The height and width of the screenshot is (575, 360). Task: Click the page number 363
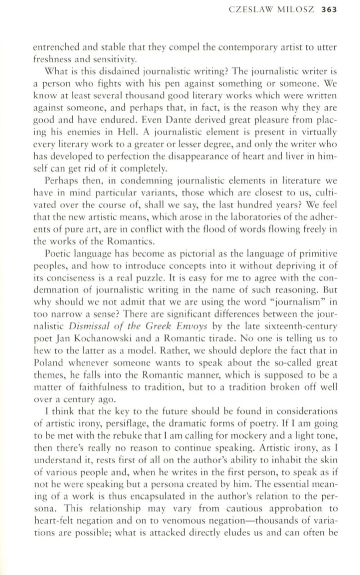click(330, 9)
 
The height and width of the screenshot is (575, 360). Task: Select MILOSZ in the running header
click(299, 9)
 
